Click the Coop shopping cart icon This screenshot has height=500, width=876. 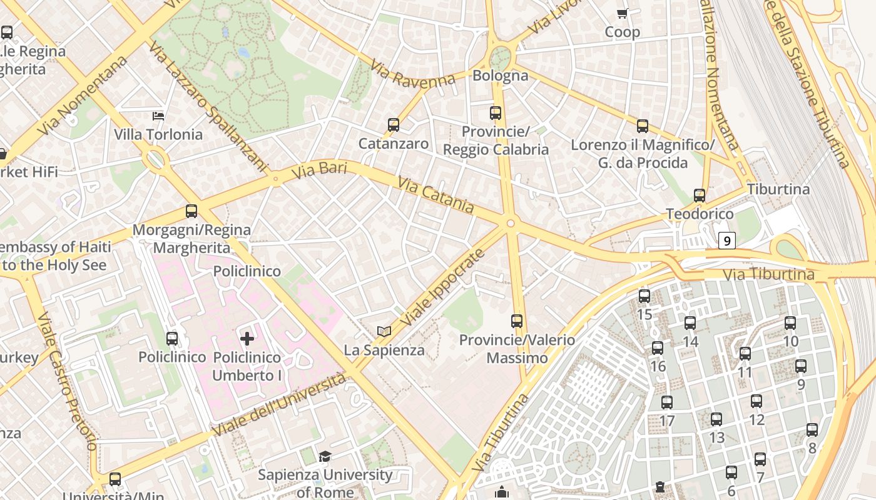point(622,13)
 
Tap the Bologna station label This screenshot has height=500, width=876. point(501,76)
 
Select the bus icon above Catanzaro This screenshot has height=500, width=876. point(393,125)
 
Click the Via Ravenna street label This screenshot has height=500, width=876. point(412,74)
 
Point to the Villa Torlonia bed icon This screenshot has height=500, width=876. point(158,116)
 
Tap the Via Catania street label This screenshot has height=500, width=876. point(435,195)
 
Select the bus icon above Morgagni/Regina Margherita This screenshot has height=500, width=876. point(191,211)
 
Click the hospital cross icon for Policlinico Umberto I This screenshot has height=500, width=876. point(247,339)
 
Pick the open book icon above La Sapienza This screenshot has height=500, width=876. point(384,331)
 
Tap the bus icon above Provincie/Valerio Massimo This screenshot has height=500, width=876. point(517,321)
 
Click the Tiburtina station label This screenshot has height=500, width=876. point(778,189)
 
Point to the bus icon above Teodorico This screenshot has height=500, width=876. point(700,196)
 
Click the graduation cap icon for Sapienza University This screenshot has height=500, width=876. point(325,457)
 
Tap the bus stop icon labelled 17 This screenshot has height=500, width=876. point(667,402)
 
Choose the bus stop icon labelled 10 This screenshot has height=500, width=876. point(790,323)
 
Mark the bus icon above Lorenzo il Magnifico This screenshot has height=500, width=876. point(643,126)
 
